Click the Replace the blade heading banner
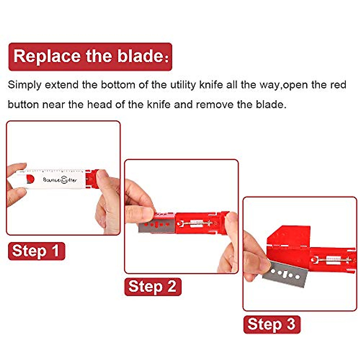[90, 57]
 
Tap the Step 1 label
[36, 251]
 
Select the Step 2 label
[152, 286]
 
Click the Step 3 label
[271, 324]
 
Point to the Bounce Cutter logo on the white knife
[60, 180]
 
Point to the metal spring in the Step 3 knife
[330, 259]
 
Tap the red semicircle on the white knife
[30, 179]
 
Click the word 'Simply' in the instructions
[24, 85]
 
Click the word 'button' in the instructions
[23, 105]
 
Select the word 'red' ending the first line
[338, 85]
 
